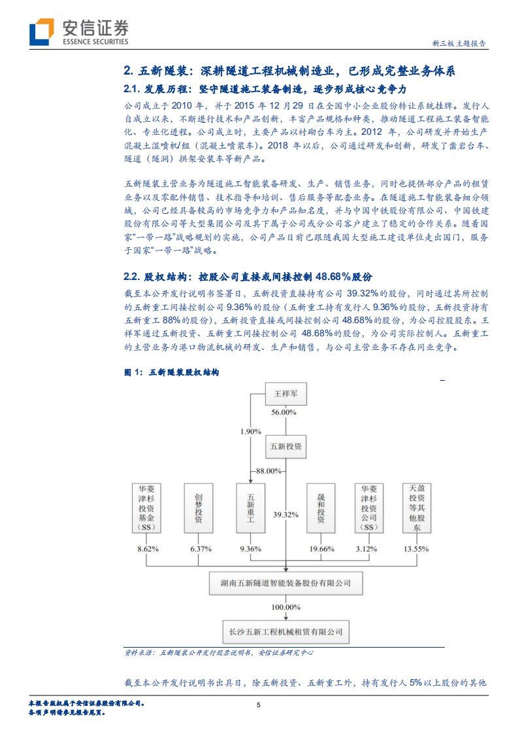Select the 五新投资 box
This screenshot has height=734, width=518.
285,446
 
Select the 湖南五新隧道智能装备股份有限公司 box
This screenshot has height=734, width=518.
285,581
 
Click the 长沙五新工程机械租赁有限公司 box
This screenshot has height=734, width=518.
285,632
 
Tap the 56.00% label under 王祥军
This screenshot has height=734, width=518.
285,413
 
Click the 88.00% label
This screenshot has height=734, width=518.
268,471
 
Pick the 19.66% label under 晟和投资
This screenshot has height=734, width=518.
320,548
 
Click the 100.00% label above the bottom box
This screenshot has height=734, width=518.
285,607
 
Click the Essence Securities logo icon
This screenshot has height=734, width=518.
40,31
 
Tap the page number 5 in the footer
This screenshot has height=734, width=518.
259,705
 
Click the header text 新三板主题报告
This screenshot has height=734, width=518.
459,44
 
